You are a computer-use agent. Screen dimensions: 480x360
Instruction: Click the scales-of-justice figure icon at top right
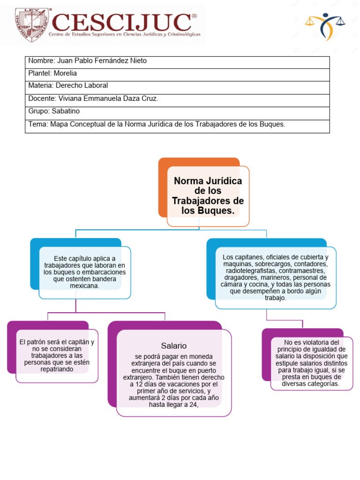(x=325, y=24)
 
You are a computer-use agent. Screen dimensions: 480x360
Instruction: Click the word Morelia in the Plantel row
(x=65, y=73)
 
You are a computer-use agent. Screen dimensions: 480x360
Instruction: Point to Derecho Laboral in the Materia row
(x=82, y=85)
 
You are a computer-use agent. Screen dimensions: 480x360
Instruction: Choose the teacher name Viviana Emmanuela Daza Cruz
(x=107, y=98)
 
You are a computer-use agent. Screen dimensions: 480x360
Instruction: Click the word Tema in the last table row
(x=37, y=124)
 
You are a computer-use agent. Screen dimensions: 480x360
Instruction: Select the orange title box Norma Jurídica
(x=208, y=195)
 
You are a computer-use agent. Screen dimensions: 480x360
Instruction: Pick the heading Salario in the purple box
(x=174, y=346)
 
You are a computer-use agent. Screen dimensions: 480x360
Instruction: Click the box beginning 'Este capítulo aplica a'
(x=84, y=272)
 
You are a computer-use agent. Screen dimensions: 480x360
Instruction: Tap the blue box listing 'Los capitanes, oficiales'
(x=276, y=277)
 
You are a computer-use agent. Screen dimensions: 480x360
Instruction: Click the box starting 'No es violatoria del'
(x=311, y=363)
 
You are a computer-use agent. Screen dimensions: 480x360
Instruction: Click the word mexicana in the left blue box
(x=84, y=285)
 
